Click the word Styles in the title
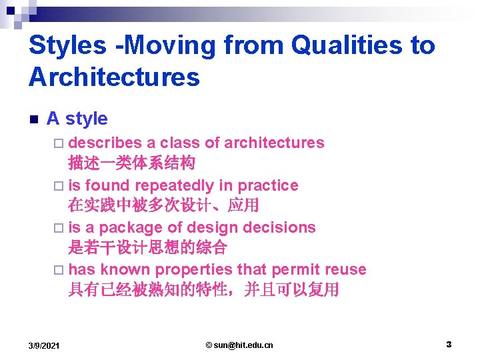click(67, 46)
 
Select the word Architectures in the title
click(114, 77)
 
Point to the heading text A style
click(77, 119)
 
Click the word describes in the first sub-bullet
click(105, 143)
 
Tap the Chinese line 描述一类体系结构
click(131, 163)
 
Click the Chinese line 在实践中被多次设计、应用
click(163, 205)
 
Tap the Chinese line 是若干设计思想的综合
click(147, 248)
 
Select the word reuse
click(345, 270)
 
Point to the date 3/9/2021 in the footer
click(44, 345)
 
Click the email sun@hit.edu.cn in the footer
click(239, 345)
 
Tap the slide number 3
click(449, 345)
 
